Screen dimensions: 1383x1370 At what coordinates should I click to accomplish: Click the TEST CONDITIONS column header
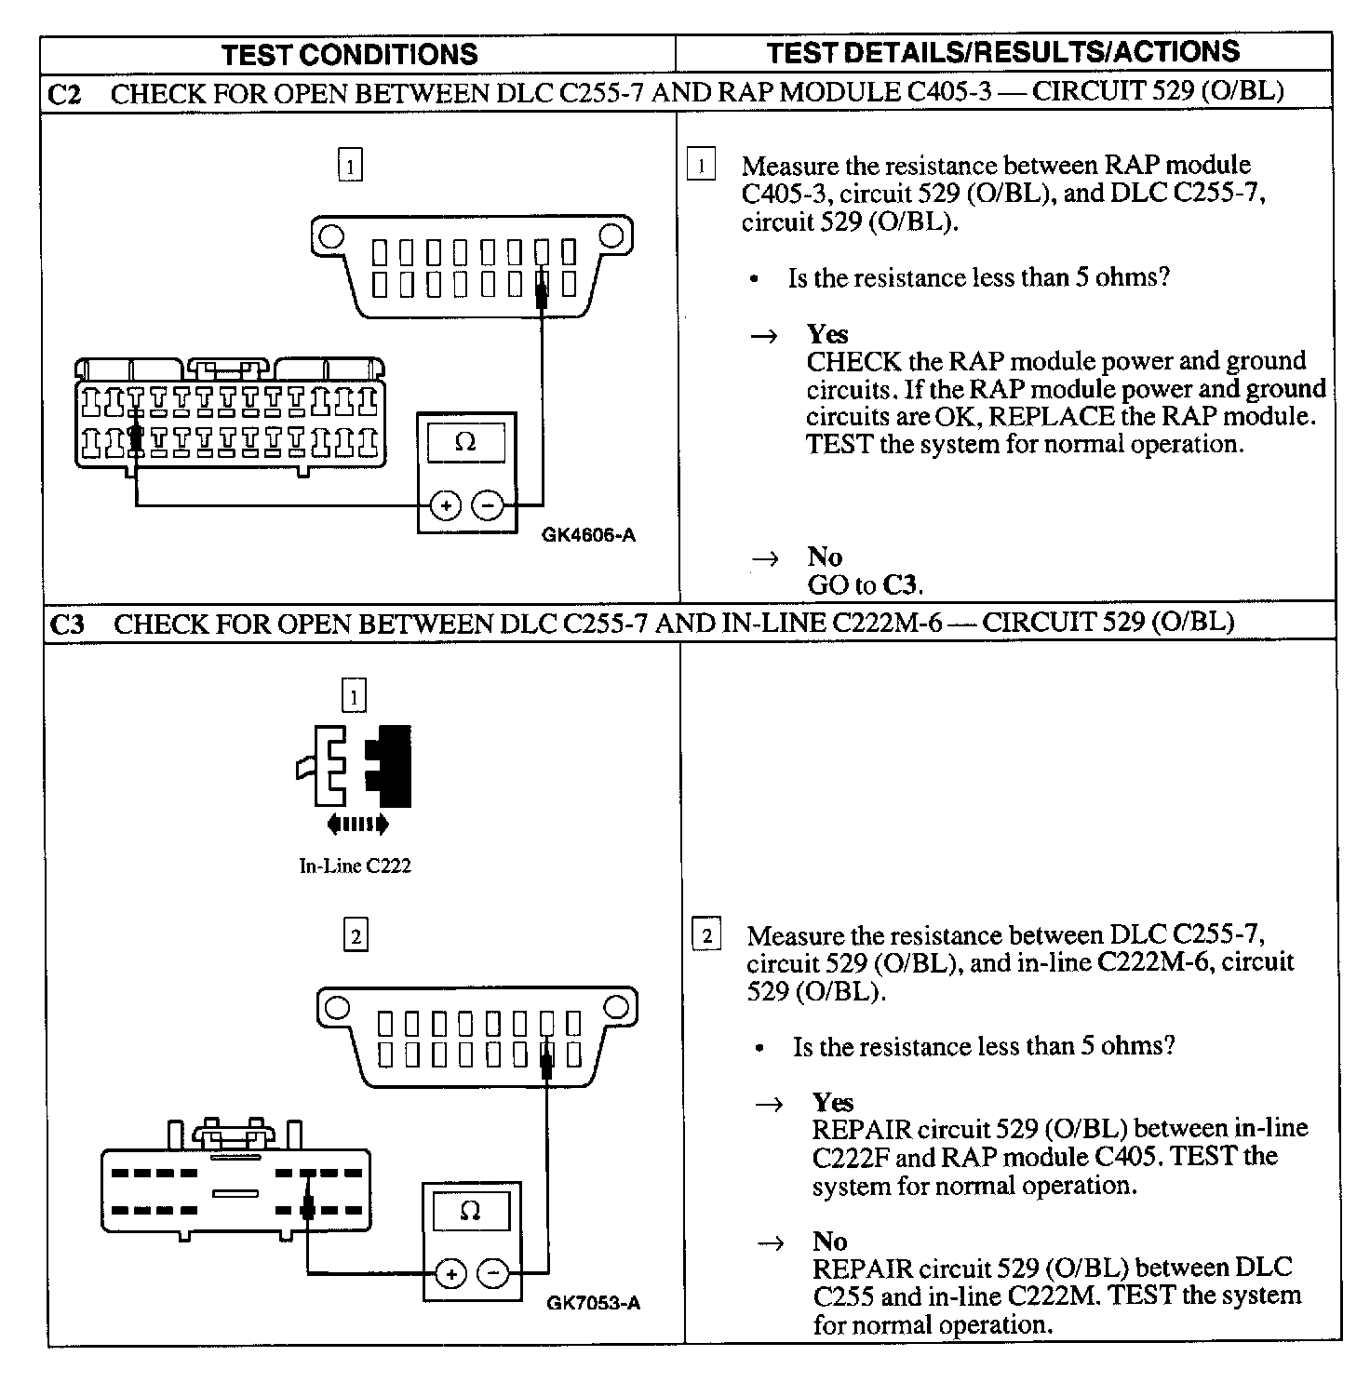[x=350, y=54]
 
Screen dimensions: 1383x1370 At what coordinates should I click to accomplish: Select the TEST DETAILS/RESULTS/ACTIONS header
[x=1003, y=52]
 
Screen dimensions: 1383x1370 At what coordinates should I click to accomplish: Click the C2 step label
[x=64, y=94]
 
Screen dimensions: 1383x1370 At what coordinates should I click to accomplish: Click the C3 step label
[x=66, y=624]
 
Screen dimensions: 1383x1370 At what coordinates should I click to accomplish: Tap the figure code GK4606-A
[x=589, y=535]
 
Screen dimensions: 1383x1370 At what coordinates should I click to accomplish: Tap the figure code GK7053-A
[x=594, y=1303]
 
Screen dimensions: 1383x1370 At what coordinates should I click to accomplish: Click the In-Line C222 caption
[x=355, y=866]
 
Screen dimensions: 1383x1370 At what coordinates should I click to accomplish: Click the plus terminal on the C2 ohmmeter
[x=446, y=505]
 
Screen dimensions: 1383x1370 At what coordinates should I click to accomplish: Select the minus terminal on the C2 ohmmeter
[x=488, y=505]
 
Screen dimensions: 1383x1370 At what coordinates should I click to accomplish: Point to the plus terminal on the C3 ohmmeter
[x=451, y=1273]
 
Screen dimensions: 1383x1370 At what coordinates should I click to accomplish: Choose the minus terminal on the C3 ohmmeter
[x=493, y=1273]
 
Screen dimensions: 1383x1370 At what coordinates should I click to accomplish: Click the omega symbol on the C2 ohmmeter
[x=465, y=443]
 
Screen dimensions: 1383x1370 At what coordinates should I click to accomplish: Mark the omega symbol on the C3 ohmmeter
[x=471, y=1211]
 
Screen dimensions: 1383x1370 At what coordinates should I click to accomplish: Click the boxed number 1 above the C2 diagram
[x=350, y=167]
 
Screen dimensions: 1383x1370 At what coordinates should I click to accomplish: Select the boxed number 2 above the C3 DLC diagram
[x=356, y=934]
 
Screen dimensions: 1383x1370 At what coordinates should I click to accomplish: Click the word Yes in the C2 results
[x=827, y=334]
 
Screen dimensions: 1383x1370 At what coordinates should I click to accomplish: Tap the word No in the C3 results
[x=829, y=1242]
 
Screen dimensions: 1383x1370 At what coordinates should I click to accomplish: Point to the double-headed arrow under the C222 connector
[x=356, y=824]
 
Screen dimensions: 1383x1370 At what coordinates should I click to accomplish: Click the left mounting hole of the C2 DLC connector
[x=329, y=237]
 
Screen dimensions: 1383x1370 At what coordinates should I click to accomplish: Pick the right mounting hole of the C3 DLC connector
[x=616, y=1006]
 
